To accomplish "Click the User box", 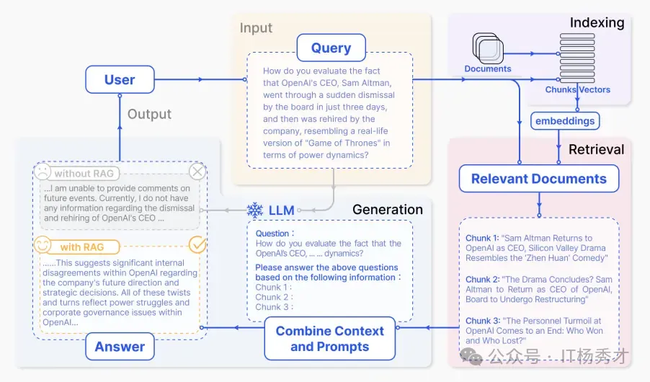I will click(x=120, y=79).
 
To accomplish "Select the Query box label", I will click(x=331, y=48).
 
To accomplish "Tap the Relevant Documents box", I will click(x=539, y=179).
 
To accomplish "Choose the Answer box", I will click(x=120, y=347).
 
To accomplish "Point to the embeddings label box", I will click(x=565, y=120).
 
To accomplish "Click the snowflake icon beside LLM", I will click(x=255, y=210).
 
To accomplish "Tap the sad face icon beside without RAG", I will click(x=43, y=173).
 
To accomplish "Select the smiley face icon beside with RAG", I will click(x=43, y=246).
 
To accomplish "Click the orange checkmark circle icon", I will click(x=197, y=246).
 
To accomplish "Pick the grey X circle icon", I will click(x=197, y=172).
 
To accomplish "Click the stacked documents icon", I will click(x=487, y=48).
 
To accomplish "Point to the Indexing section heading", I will click(x=597, y=22).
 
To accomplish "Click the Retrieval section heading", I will click(x=597, y=150).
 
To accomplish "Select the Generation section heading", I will click(x=388, y=210).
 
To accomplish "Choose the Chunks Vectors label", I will click(x=578, y=90).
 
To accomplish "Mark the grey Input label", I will click(x=257, y=28).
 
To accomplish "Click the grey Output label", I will click(x=149, y=114).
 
